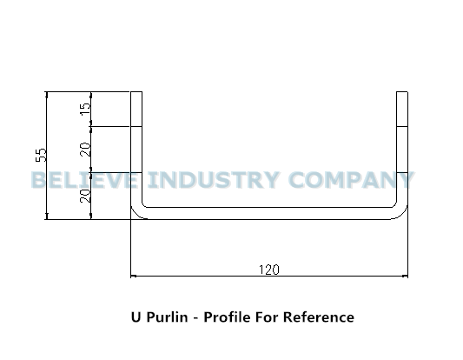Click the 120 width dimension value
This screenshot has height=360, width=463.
[268, 270]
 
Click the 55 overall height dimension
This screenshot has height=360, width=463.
[41, 155]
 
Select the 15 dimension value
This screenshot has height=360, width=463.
[86, 109]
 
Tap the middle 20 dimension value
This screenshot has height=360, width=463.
[86, 150]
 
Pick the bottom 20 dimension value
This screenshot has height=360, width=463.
[86, 196]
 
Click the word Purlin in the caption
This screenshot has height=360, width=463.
[167, 317]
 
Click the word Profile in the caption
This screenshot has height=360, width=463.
[227, 317]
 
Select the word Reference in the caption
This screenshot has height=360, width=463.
[319, 317]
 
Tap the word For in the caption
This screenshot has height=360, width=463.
[267, 317]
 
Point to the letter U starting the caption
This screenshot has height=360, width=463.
[136, 317]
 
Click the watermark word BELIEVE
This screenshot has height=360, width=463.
[84, 180]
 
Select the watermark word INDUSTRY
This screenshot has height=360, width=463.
[214, 180]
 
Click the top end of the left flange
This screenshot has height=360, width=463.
[136, 92]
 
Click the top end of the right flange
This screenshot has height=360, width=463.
[402, 92]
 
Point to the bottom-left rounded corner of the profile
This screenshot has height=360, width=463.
[136, 213]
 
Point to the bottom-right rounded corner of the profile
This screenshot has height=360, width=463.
[402, 213]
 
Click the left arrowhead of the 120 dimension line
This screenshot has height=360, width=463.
[133, 276]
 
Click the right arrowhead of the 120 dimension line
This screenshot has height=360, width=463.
[406, 276]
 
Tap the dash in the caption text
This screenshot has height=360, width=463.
[195, 318]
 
